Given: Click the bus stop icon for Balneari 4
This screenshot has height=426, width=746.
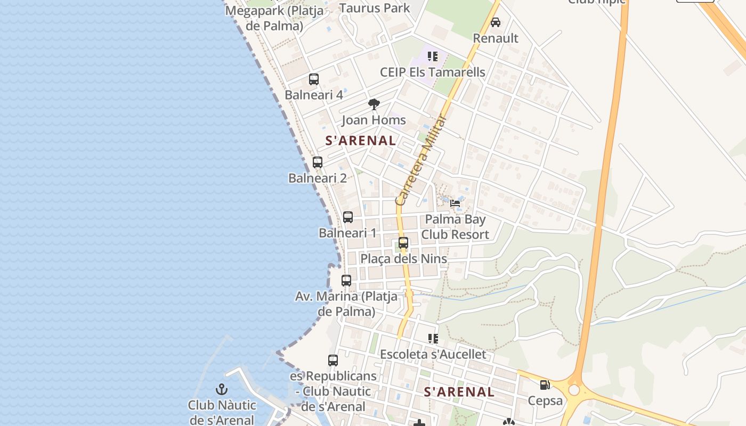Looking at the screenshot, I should coord(314,79).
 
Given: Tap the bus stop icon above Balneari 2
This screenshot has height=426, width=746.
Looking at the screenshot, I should coord(318,162).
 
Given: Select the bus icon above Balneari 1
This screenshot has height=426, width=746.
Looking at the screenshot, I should coord(348,217).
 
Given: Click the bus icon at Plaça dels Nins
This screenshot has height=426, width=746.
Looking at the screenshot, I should coord(403,243).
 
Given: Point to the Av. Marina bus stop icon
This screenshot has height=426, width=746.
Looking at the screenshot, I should coord(346,280).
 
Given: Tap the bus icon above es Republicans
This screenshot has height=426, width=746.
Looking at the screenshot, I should coord(333,361).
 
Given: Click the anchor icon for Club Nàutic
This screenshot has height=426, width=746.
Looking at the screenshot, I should coord(222,389).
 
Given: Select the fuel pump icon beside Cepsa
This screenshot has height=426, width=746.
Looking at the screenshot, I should coord(545,384).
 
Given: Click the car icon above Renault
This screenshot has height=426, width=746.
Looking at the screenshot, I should coord(496,22).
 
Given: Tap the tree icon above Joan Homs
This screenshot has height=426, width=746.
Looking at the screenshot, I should coord(374,104).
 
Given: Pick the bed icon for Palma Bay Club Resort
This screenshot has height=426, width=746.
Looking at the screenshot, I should coord(455,203).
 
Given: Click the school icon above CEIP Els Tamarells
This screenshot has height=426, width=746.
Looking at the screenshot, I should coord(433,56).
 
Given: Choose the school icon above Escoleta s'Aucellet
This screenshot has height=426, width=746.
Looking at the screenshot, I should coord(433,338).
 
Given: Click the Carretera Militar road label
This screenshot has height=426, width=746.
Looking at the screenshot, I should coord(420,160).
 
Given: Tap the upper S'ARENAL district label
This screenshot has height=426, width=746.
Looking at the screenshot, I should coord(361,141).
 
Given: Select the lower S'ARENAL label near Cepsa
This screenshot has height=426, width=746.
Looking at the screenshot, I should coord(459,392).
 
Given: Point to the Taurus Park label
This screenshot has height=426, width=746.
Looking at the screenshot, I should coord(375,8).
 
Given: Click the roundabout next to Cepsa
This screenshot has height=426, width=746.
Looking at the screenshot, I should coord(574,390).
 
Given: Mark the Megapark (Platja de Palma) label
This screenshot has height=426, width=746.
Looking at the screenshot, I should coord(264,18).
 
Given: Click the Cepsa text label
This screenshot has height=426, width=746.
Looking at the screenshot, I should coord(545,400).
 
